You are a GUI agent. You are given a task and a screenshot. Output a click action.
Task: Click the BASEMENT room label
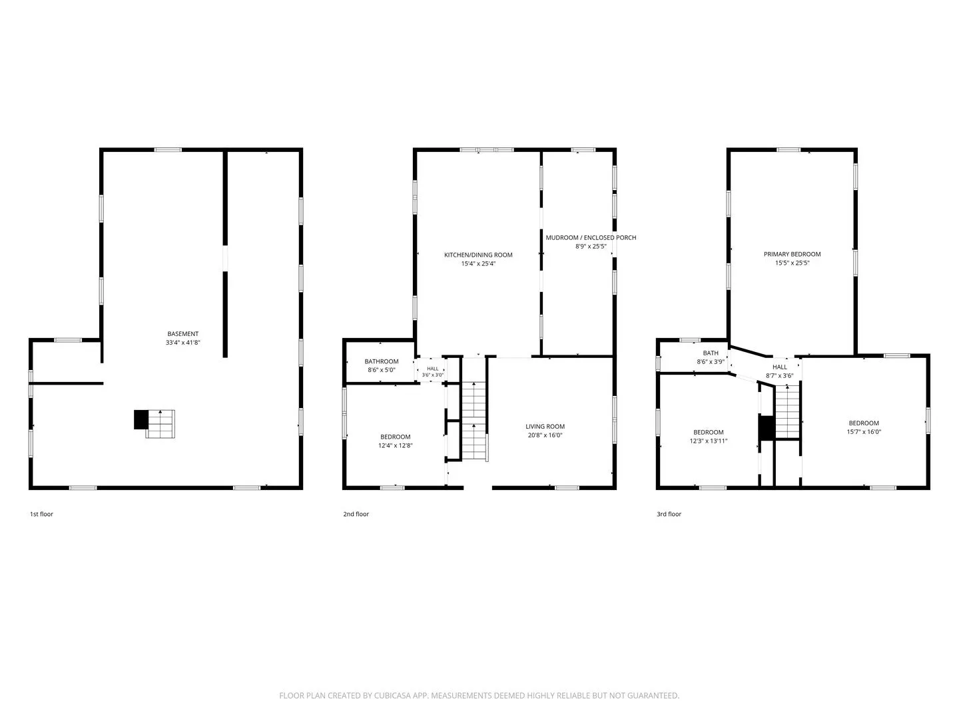[182, 333]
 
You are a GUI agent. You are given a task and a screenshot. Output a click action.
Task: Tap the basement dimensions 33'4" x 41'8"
[182, 342]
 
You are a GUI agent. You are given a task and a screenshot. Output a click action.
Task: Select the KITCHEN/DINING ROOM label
[478, 255]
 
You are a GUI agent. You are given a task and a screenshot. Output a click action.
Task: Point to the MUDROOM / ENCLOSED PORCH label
[591, 237]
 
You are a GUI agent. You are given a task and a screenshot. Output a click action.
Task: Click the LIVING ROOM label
[545, 426]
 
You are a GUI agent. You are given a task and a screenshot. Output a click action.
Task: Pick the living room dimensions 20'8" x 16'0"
[545, 435]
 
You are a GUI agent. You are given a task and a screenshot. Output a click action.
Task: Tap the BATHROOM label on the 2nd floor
[382, 361]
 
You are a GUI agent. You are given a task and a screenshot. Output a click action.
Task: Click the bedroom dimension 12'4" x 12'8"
[396, 445]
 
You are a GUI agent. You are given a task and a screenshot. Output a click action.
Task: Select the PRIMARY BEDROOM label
[792, 254]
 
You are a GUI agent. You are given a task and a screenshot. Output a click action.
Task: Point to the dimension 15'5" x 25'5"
[792, 263]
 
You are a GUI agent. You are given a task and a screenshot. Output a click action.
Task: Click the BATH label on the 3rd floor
[711, 353]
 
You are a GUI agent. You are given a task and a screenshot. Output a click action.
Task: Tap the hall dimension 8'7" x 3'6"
[779, 375]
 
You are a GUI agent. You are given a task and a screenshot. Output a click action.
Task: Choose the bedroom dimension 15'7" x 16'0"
[864, 431]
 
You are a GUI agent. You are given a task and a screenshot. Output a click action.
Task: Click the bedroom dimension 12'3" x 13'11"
[708, 441]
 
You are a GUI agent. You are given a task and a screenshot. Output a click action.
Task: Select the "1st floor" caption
[41, 514]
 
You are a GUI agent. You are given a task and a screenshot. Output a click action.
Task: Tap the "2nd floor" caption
[356, 514]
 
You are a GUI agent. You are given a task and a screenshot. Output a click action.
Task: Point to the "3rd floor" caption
[669, 514]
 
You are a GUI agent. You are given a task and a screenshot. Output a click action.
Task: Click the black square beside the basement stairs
[141, 419]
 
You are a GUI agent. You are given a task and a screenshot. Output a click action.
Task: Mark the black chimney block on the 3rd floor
[767, 427]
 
